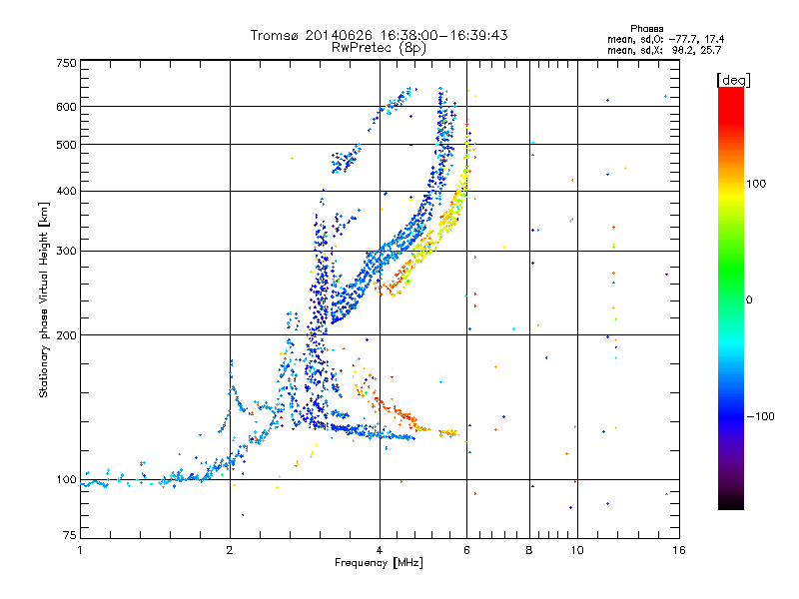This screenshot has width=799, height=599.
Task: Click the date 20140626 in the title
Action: [x=339, y=35]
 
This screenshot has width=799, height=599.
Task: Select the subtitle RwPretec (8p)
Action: [x=379, y=48]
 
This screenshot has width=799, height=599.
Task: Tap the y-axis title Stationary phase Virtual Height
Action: [x=43, y=300]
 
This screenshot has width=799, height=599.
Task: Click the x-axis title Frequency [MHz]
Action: [x=379, y=563]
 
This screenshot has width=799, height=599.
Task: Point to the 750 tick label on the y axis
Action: [x=66, y=63]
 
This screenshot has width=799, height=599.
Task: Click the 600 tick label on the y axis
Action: [x=66, y=107]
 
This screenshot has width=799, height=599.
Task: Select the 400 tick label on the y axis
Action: [x=66, y=191]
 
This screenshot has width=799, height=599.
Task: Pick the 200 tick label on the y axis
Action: [x=66, y=335]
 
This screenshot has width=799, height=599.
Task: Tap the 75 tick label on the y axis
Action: [x=70, y=535]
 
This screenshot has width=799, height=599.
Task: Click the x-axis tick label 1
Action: [x=80, y=550]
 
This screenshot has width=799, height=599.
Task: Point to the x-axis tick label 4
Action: [x=380, y=550]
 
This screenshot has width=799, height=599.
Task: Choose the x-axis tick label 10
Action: [x=577, y=550]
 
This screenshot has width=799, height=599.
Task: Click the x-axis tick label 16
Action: [x=679, y=550]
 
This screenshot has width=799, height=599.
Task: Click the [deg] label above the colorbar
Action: [x=733, y=80]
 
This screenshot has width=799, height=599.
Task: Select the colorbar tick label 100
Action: [x=756, y=184]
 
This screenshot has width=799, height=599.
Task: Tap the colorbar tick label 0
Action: [x=749, y=299]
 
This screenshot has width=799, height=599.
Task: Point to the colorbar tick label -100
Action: [x=760, y=416]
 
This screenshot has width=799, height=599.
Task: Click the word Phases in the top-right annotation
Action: [x=646, y=29]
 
